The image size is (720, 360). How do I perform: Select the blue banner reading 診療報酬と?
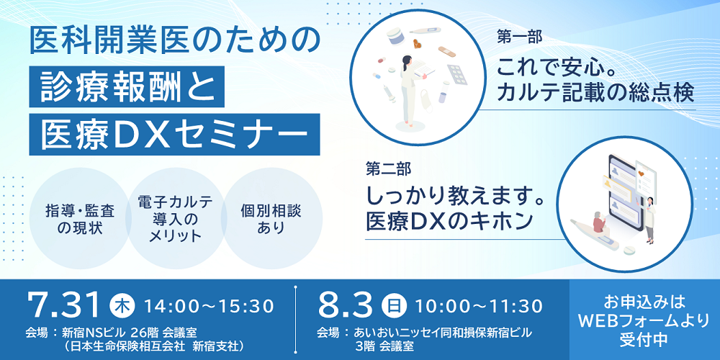coord(127,87)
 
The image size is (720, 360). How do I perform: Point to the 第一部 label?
coord(513,37)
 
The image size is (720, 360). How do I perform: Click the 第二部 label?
coord(382,169)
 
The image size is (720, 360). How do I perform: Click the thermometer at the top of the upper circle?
coord(425,31)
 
